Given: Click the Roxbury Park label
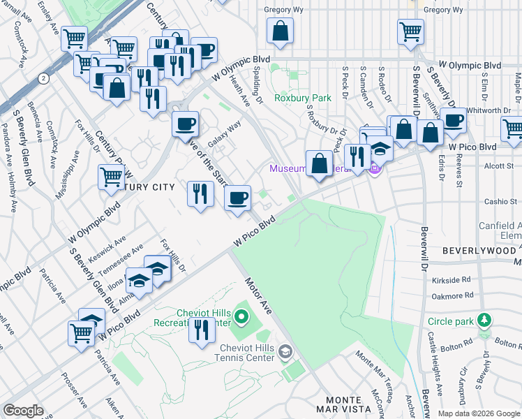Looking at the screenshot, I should click(302, 98).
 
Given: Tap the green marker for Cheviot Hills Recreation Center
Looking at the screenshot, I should click(242, 319).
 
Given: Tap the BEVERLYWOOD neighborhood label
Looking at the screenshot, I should click(478, 249).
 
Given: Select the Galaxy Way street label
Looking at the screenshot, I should click(223, 131).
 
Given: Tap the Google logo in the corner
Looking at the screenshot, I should click(23, 411).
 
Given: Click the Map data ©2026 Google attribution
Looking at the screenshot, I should click(478, 413).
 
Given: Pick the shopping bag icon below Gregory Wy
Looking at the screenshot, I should click(280, 32).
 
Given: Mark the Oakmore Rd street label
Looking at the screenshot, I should click(453, 296).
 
